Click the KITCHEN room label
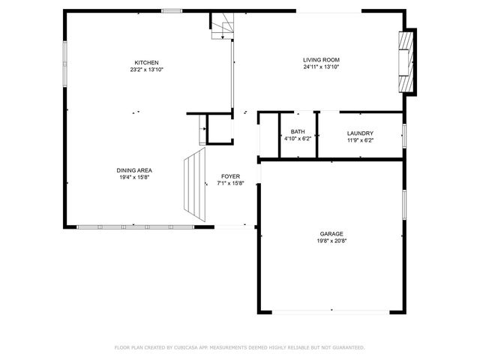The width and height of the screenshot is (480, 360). [x=146, y=62]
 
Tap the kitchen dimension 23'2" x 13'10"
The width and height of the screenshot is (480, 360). [x=146, y=69]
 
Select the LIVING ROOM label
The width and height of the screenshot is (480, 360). [x=321, y=60]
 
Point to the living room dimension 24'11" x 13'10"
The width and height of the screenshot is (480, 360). [x=321, y=67]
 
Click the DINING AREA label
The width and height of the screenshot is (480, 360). [x=134, y=170]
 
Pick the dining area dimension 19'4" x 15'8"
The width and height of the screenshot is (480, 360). [x=134, y=177]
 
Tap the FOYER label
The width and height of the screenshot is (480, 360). [x=230, y=176]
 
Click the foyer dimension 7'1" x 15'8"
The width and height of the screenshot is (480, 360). [x=230, y=183]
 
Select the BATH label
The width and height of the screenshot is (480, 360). [x=298, y=132]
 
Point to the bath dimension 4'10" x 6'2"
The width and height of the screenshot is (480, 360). [x=298, y=139]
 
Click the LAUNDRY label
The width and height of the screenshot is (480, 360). [x=360, y=133]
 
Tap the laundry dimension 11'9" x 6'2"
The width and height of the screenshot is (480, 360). [x=360, y=139]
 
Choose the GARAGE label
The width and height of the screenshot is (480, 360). [x=331, y=234]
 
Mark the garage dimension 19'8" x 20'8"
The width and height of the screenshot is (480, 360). [x=331, y=241]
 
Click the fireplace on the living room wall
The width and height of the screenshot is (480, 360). [x=406, y=62]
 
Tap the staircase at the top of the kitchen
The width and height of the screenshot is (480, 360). [x=221, y=28]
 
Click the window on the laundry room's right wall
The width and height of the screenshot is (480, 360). [x=404, y=136]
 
